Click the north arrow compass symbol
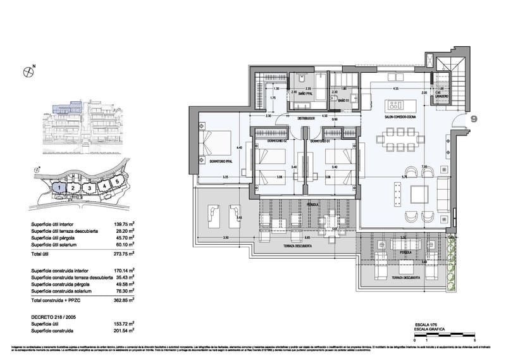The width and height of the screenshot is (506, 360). (27, 71)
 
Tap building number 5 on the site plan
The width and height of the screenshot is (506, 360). (116, 182)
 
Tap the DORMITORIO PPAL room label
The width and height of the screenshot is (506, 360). (219, 161)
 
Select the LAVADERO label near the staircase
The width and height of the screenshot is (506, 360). (440, 96)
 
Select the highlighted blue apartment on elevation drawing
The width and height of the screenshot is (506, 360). (65, 109)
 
